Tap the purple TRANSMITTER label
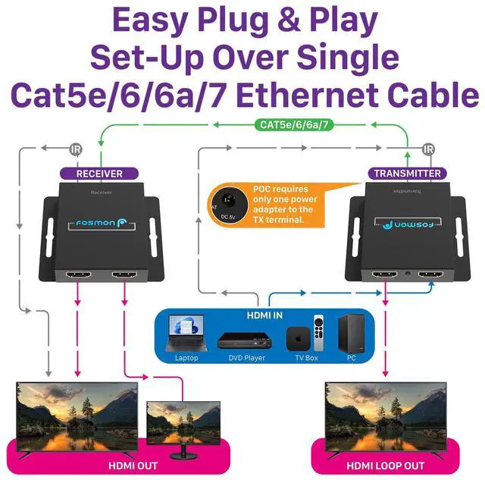pos(407,174)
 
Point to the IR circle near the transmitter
pos(429,149)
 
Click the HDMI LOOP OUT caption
pos(386,465)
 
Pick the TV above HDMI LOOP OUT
pos(386,413)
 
